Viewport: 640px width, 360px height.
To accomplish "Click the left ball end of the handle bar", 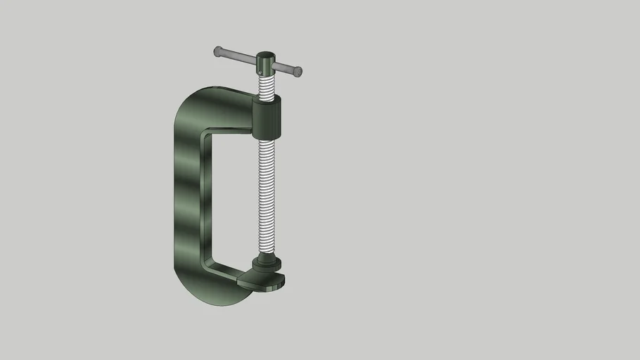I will click(x=218, y=51).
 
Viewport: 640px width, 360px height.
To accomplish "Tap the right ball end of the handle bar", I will click(x=298, y=71).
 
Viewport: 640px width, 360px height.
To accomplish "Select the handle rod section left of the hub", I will click(x=238, y=56).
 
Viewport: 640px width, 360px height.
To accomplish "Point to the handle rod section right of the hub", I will click(x=283, y=67).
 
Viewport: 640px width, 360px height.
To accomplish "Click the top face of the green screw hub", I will click(x=266, y=56).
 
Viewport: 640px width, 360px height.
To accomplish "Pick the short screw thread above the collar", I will click(x=267, y=87).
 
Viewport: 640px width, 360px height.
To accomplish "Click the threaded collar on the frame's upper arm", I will click(x=267, y=118).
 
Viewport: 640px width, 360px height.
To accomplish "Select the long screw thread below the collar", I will click(x=267, y=197).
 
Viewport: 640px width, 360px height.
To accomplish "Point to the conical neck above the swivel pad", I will click(x=267, y=257).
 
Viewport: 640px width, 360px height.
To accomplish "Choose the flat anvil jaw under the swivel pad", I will click(x=263, y=281).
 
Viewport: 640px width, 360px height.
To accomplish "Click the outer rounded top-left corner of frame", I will click(x=184, y=103).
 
